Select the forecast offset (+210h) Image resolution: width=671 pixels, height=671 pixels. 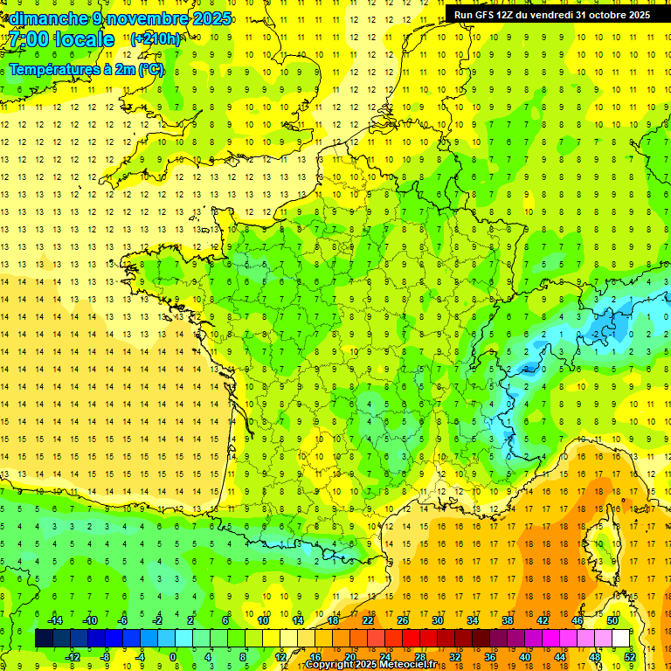click(x=156, y=38)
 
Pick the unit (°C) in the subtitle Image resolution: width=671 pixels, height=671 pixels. click(x=150, y=70)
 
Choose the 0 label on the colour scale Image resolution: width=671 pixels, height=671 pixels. click(x=173, y=657)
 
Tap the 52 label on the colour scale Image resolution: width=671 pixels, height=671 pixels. click(x=630, y=657)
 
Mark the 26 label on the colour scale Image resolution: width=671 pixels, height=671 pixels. click(x=403, y=620)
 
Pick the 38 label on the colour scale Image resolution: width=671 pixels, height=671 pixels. click(x=508, y=620)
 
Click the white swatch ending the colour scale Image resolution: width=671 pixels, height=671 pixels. click(x=621, y=639)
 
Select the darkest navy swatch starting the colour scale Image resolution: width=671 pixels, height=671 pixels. click(x=45, y=639)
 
